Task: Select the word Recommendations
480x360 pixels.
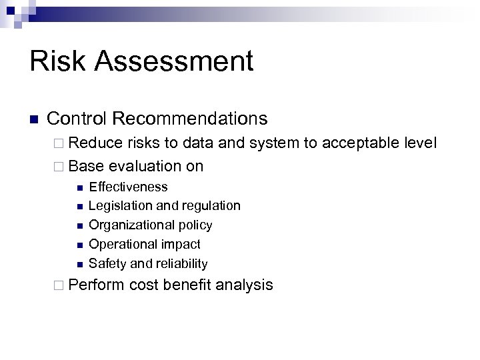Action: pos(190,119)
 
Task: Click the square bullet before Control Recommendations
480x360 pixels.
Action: pos(35,120)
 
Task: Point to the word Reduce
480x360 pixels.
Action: pos(93,143)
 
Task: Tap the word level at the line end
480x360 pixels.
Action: pos(419,143)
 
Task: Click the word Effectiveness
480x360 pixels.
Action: pos(128,187)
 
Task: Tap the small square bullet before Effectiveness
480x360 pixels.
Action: pos(79,187)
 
